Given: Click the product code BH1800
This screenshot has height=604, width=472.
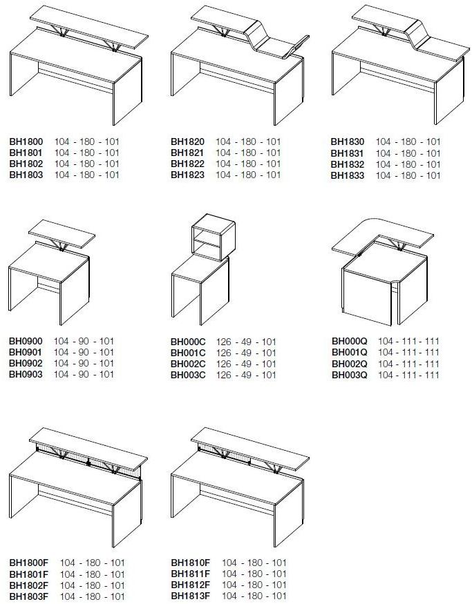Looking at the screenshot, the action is (26, 142).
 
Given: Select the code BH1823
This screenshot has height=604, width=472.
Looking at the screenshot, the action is (187, 175).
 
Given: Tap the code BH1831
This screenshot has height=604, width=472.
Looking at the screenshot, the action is (348, 153).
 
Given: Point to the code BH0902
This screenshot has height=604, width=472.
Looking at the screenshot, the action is (26, 363).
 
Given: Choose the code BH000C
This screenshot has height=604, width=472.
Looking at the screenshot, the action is (188, 342).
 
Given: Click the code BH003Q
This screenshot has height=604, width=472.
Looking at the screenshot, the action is (350, 375).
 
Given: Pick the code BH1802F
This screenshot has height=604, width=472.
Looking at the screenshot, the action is (29, 585).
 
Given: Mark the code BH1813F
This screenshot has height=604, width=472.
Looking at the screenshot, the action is (191, 596).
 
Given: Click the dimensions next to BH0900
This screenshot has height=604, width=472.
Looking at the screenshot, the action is (84, 341).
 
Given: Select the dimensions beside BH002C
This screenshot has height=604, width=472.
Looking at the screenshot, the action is (246, 364).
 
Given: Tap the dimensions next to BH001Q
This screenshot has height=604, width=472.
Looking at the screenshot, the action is (408, 353).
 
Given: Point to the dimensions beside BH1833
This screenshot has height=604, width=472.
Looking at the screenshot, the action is (408, 175).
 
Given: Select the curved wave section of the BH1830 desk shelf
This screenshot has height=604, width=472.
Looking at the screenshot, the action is (418, 34).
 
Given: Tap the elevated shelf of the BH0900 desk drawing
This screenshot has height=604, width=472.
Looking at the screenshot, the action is (62, 234).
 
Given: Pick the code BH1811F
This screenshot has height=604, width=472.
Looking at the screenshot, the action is (191, 574).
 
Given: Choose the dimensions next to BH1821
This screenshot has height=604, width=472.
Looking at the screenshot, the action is (248, 153).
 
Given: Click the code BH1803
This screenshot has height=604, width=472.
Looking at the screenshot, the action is (26, 175).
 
